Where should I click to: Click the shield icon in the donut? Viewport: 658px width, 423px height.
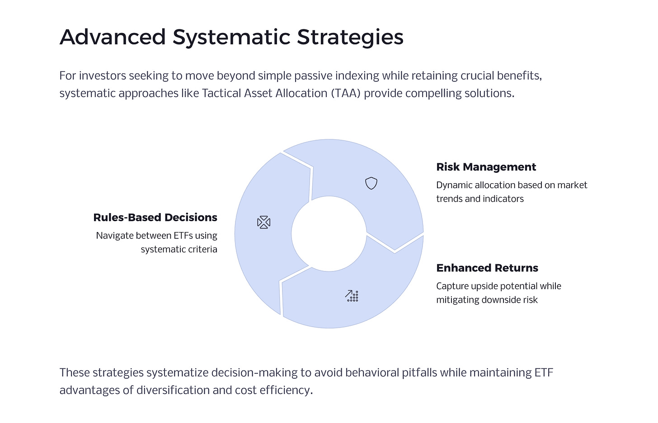tap(371, 183)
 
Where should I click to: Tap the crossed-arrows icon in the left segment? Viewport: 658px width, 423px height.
tap(263, 222)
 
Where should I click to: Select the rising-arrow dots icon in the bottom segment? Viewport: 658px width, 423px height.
tap(352, 296)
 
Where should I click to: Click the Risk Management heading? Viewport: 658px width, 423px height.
tap(486, 167)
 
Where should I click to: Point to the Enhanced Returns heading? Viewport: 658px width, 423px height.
tap(487, 268)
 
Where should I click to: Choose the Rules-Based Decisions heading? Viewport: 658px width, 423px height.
tap(155, 218)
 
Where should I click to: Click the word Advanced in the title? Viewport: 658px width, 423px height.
tap(113, 37)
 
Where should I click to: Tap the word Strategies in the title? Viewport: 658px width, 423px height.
tap(350, 37)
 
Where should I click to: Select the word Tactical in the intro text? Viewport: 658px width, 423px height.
tap(222, 93)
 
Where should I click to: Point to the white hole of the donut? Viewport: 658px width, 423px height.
tap(329, 234)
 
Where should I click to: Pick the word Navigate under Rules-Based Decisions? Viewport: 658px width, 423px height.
tap(114, 236)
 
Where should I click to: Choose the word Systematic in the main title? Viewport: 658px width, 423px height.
tap(231, 37)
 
